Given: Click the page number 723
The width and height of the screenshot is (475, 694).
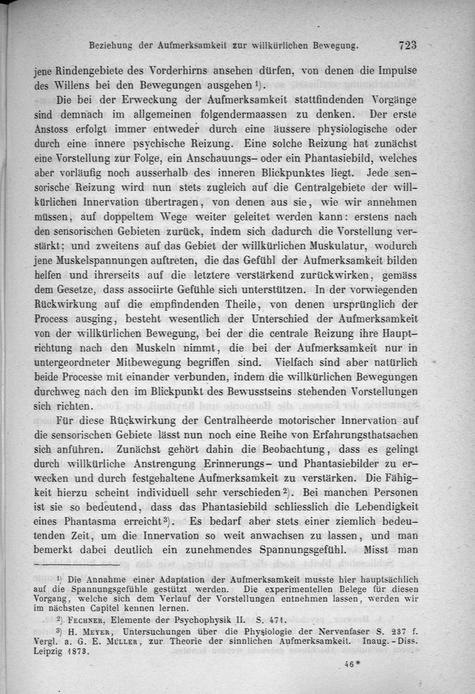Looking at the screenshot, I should point(410,45).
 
